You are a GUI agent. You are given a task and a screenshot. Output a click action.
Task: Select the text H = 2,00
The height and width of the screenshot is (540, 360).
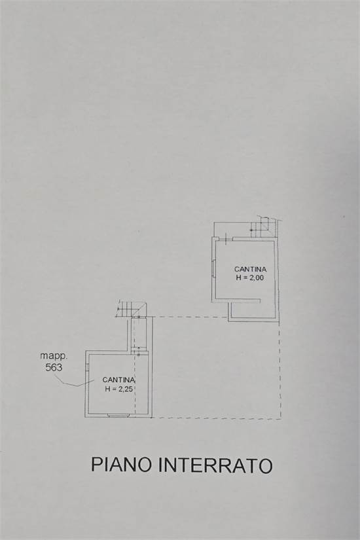coord(249,278)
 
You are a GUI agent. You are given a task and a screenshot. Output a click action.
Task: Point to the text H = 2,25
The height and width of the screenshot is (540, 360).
coord(118,389)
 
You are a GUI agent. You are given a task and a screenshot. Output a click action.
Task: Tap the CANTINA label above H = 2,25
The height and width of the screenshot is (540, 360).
coord(118,380)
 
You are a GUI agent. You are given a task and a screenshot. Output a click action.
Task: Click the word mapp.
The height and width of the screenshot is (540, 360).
coord(53,356)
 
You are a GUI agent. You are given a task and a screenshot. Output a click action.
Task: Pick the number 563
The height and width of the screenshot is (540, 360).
coord(54,367)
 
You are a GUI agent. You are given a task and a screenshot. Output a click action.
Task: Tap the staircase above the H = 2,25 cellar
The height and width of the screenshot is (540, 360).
coord(129,308)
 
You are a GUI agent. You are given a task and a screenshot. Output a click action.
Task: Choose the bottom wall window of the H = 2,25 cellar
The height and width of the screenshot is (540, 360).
coord(118,416)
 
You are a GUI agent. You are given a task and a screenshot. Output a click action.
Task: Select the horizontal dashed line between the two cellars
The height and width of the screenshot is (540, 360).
coord(190,317)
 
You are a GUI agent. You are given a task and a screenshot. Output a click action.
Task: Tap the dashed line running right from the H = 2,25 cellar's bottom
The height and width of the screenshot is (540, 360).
coord(216,418)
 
